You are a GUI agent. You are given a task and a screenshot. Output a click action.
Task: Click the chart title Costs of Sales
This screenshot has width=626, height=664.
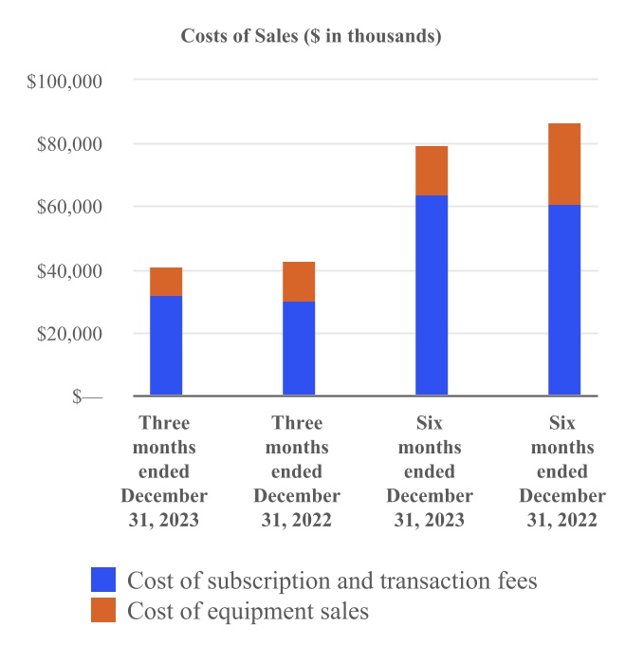click(311, 37)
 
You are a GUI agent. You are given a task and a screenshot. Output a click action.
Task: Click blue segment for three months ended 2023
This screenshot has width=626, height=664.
click(166, 345)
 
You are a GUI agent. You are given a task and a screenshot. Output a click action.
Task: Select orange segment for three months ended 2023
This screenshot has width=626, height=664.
click(166, 282)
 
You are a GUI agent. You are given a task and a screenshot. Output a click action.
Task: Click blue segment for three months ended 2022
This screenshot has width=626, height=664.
click(299, 348)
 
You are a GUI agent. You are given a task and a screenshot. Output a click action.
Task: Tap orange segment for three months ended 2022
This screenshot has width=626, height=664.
click(299, 282)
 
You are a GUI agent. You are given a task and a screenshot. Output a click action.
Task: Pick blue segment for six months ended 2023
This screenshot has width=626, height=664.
click(432, 295)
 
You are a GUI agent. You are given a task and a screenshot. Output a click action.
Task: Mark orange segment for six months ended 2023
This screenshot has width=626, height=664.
click(432, 171)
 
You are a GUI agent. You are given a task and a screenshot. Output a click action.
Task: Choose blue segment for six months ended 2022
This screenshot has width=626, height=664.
click(564, 300)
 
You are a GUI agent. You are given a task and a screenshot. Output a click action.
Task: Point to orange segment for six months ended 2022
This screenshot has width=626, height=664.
click(564, 164)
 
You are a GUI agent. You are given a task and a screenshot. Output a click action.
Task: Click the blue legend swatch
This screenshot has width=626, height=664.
click(103, 580)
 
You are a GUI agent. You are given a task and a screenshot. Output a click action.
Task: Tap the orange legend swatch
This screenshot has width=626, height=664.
click(103, 611)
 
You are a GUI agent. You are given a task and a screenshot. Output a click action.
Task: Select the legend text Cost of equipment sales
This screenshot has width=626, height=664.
click(248, 612)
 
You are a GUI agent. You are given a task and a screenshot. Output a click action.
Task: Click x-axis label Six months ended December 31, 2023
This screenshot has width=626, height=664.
click(431, 471)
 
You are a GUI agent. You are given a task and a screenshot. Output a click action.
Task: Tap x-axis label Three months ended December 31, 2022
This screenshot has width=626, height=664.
click(297, 471)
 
